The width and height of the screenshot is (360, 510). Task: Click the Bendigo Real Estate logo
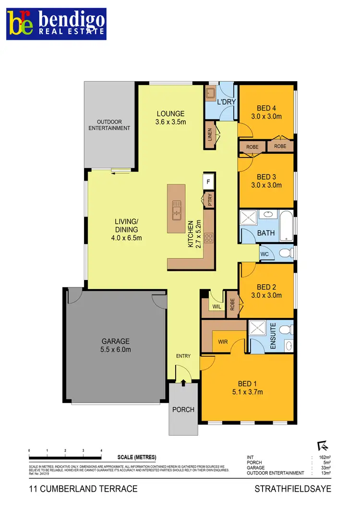57,24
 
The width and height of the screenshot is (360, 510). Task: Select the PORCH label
183,409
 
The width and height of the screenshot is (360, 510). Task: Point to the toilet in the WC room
285,253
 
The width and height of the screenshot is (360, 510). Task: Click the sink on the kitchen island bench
177,209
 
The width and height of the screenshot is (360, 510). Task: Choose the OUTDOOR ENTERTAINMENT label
109,125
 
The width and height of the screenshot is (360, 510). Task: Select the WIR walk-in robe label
223,342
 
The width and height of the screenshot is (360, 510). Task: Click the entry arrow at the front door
183,382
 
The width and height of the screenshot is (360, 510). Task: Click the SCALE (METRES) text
136,457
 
